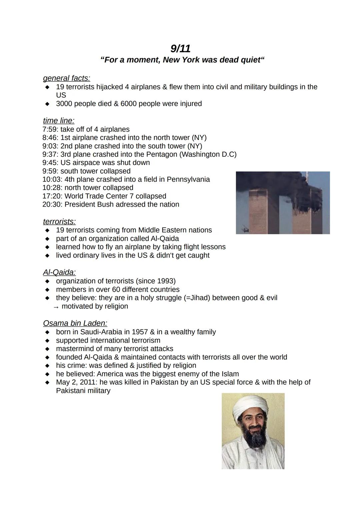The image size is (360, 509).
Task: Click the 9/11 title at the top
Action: pyautogui.click(x=180, y=49)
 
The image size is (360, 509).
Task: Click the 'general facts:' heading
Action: pyautogui.click(x=66, y=78)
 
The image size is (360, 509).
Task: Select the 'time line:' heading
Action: pyautogui.click(x=59, y=120)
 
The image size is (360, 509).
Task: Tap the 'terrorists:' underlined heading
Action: pyautogui.click(x=59, y=221)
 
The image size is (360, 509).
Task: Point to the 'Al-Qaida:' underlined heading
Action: pyautogui.click(x=59, y=272)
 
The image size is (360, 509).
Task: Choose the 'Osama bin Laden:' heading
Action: pyautogui.click(x=75, y=323)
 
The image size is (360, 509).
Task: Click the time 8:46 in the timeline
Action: pyautogui.click(x=50, y=138)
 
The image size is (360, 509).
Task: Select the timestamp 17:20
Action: pyautogui.click(x=52, y=196)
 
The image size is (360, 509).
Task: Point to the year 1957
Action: pyautogui.click(x=139, y=332)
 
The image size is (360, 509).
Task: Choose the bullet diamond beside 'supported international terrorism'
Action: pyautogui.click(x=48, y=341)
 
